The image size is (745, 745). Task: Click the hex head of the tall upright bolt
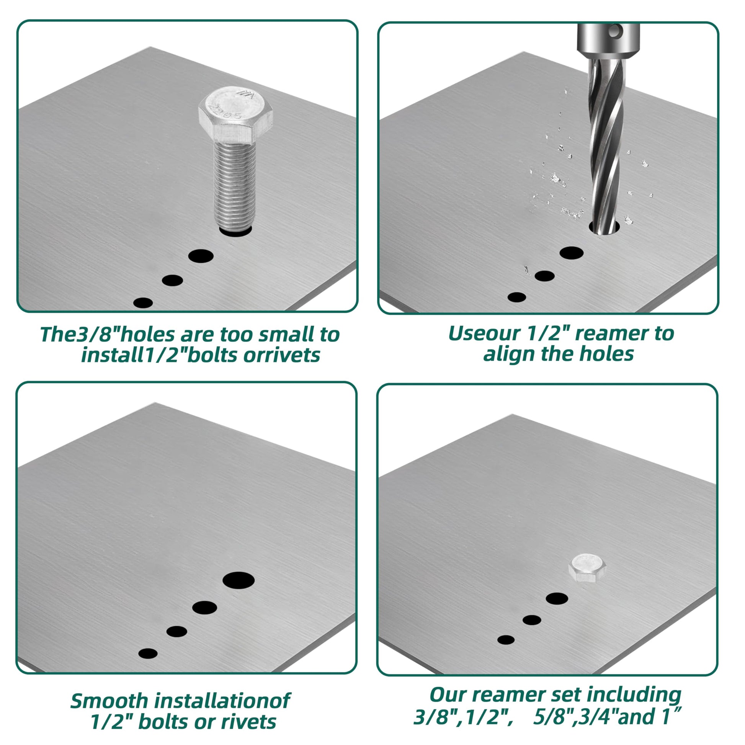[x=235, y=115]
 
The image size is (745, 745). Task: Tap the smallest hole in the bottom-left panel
[x=148, y=653]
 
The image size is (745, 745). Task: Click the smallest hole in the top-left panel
[x=143, y=303]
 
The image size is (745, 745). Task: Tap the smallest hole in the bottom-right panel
[x=506, y=640]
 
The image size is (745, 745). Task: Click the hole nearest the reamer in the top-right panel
[x=572, y=253]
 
